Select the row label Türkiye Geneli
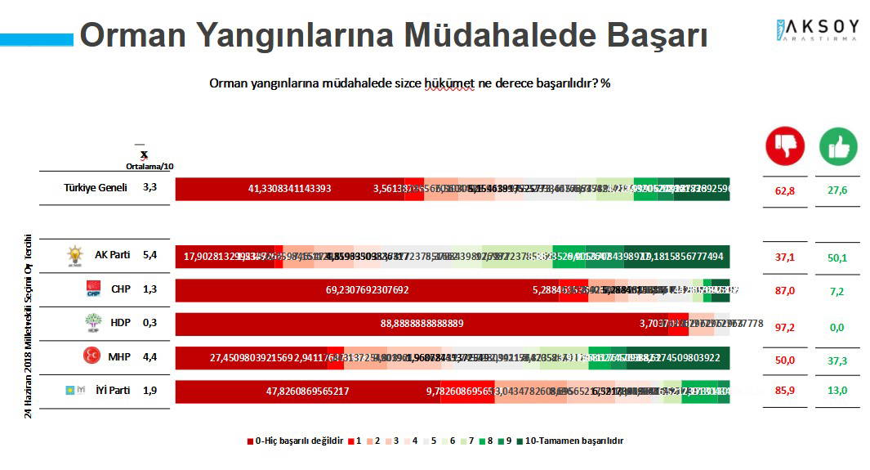(x=96, y=187)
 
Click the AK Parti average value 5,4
(x=149, y=255)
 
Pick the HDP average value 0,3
(x=149, y=323)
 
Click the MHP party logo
(x=91, y=356)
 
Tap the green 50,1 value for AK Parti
(x=838, y=257)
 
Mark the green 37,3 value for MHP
(x=838, y=360)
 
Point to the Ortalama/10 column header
(x=149, y=166)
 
